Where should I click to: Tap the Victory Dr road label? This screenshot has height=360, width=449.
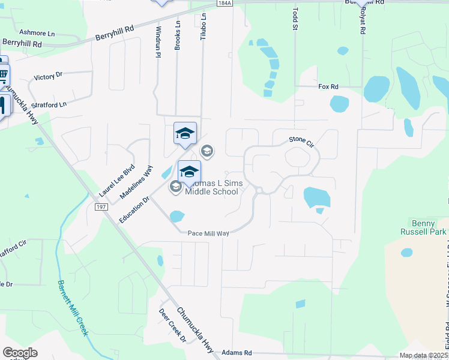click(48, 77)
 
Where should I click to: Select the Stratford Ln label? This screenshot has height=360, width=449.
click(50, 104)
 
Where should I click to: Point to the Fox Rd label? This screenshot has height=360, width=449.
click(328, 87)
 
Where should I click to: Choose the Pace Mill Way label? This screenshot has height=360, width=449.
click(208, 233)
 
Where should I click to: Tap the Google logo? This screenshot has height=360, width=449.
click(20, 353)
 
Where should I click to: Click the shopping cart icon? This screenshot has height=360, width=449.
click(4, 76)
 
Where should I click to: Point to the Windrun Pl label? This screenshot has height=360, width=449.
click(158, 42)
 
